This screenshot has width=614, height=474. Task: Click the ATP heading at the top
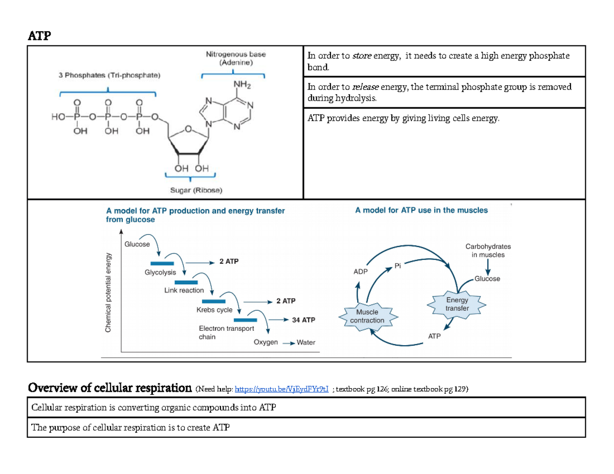39,36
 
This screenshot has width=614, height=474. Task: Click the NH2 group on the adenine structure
242,85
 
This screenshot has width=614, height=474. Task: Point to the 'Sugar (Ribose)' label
196,190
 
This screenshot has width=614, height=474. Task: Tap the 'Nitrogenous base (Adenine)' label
235,58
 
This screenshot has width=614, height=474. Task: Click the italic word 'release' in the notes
366,87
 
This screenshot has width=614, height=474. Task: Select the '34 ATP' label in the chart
303,320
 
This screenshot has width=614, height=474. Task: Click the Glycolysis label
160,273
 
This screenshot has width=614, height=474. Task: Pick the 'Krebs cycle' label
214,310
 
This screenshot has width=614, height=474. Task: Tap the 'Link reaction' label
184,290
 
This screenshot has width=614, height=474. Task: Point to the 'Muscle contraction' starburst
367,316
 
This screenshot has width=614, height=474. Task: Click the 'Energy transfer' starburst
457,304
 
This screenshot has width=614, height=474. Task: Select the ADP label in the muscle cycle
360,272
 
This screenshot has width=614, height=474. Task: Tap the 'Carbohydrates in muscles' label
488,250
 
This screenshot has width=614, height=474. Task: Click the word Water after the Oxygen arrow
306,342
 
